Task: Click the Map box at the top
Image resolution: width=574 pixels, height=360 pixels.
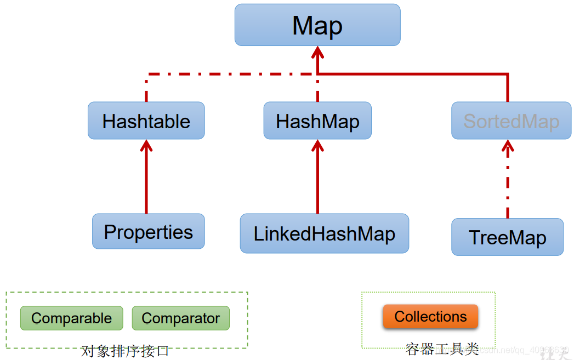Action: pyautogui.click(x=317, y=25)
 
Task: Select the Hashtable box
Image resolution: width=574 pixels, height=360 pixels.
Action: pyautogui.click(x=146, y=121)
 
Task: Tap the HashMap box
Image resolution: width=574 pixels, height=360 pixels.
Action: pyautogui.click(x=317, y=121)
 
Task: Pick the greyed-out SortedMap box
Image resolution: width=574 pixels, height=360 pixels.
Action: pyautogui.click(x=511, y=121)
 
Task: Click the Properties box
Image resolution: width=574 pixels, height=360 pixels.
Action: pyautogui.click(x=148, y=232)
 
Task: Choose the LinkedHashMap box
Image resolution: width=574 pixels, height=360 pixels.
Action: pyautogui.click(x=324, y=233)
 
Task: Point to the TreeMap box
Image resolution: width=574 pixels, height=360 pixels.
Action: pyautogui.click(x=507, y=237)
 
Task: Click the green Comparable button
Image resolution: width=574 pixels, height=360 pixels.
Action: pyautogui.click(x=71, y=318)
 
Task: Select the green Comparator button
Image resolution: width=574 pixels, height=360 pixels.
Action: pyautogui.click(x=180, y=318)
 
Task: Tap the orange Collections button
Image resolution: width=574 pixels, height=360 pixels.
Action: pyautogui.click(x=430, y=317)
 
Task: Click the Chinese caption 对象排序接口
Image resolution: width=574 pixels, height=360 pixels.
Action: pyautogui.click(x=125, y=351)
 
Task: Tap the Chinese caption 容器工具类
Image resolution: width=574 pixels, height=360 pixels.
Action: pyautogui.click(x=442, y=349)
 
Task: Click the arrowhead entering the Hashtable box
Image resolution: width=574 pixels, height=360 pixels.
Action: pyautogui.click(x=146, y=145)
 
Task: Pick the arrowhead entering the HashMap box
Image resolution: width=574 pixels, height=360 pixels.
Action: pyautogui.click(x=317, y=145)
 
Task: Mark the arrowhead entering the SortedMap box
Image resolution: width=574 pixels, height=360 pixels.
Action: pyautogui.click(x=508, y=145)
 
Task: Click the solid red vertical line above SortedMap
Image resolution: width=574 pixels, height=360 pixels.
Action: pyautogui.click(x=508, y=88)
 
